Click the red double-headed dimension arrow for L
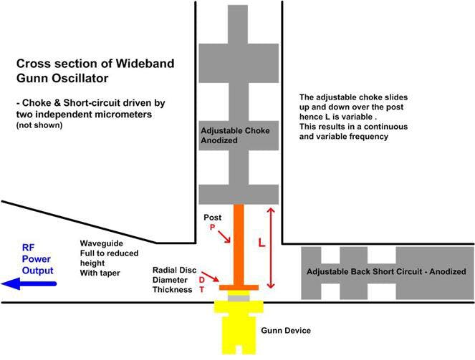[x=271, y=247]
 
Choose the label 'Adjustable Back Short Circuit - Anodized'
[x=385, y=272]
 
